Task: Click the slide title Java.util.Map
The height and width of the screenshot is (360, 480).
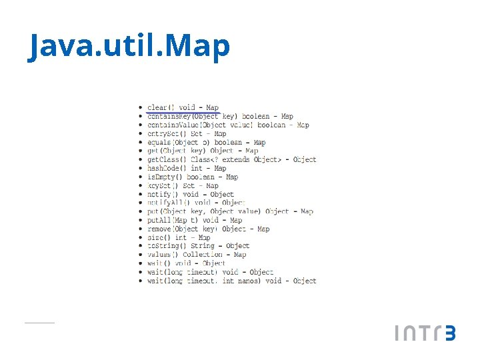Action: pos(129,46)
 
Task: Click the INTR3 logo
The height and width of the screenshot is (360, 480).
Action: pos(425,333)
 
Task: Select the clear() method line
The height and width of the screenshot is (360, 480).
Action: pos(183,107)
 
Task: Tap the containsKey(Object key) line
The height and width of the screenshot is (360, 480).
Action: pos(220,116)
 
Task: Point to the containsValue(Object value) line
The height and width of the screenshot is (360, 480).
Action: pos(228,125)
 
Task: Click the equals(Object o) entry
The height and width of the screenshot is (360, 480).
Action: pos(206,142)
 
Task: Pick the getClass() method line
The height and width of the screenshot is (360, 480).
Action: pos(231,159)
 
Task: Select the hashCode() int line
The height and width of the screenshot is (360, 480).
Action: pos(187,168)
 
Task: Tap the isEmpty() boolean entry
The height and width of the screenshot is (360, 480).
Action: pos(192,177)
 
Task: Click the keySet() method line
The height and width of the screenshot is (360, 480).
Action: pos(183,185)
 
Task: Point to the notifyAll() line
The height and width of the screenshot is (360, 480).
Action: pos(196,203)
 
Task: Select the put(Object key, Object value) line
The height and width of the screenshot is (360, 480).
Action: pos(230,211)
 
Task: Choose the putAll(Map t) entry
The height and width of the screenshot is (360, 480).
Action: pos(195,220)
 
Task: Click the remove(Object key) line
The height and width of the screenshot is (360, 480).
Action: pos(208,229)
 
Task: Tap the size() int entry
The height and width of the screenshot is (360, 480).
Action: pos(179,237)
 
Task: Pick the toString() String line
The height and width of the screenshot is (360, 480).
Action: pos(198,246)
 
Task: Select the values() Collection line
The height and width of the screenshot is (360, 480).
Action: pos(197,255)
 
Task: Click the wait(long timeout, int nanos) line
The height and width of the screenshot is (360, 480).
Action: pos(231,281)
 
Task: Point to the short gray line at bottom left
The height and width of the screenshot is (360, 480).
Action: pos(39,323)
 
